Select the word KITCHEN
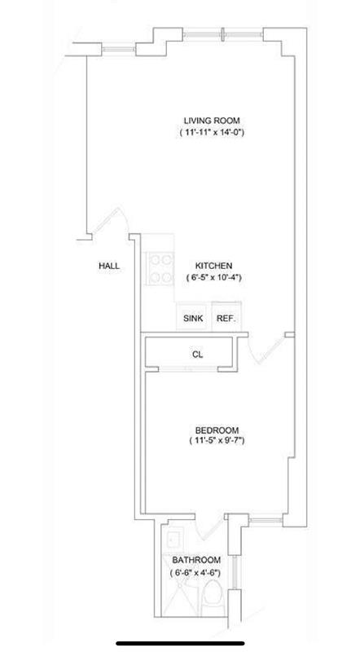[214, 266]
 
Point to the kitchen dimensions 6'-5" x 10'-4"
[214, 277]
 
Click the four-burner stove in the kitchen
[160, 267]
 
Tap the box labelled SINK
[192, 319]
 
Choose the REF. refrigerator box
[225, 319]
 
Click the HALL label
[109, 266]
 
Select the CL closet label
[197, 355]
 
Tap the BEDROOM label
[217, 430]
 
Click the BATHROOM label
[195, 560]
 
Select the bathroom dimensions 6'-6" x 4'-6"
[195, 572]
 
